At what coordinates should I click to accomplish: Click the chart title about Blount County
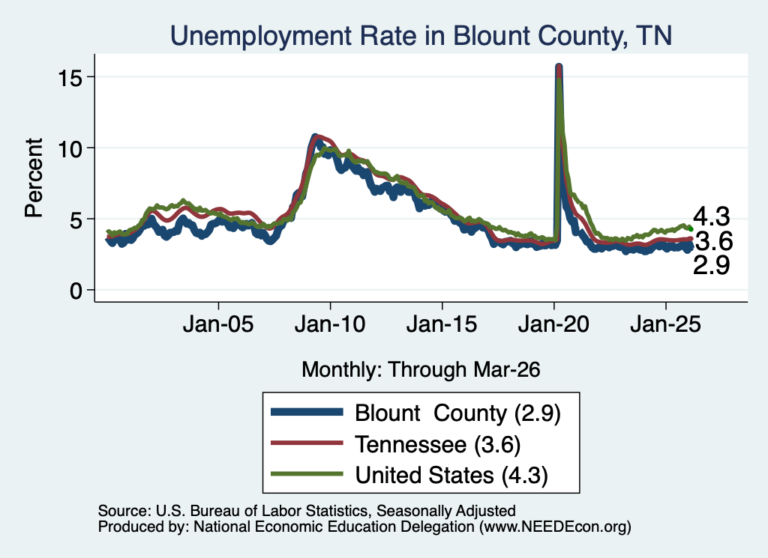coord(421,36)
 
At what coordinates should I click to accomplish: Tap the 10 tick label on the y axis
coord(69,148)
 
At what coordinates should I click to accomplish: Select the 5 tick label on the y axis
coord(76,219)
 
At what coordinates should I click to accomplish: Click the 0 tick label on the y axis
coord(76,291)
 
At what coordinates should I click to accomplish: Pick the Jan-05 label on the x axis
coord(218,324)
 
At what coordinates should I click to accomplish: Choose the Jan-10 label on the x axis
coord(330,324)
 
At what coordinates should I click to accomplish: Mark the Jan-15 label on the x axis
coord(442,324)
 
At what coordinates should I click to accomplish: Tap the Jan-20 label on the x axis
coord(553,324)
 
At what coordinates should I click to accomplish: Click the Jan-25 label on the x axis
coord(666,324)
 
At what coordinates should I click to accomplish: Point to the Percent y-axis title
coord(34,178)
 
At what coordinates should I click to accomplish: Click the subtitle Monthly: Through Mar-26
coord(421,370)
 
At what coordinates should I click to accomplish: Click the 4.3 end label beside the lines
coord(711,216)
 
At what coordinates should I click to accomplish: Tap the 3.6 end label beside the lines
coord(714,241)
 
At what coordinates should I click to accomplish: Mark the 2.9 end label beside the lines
coord(711,265)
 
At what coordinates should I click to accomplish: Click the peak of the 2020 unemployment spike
coord(558,65)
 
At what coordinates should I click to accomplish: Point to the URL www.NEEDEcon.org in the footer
coord(555,527)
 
